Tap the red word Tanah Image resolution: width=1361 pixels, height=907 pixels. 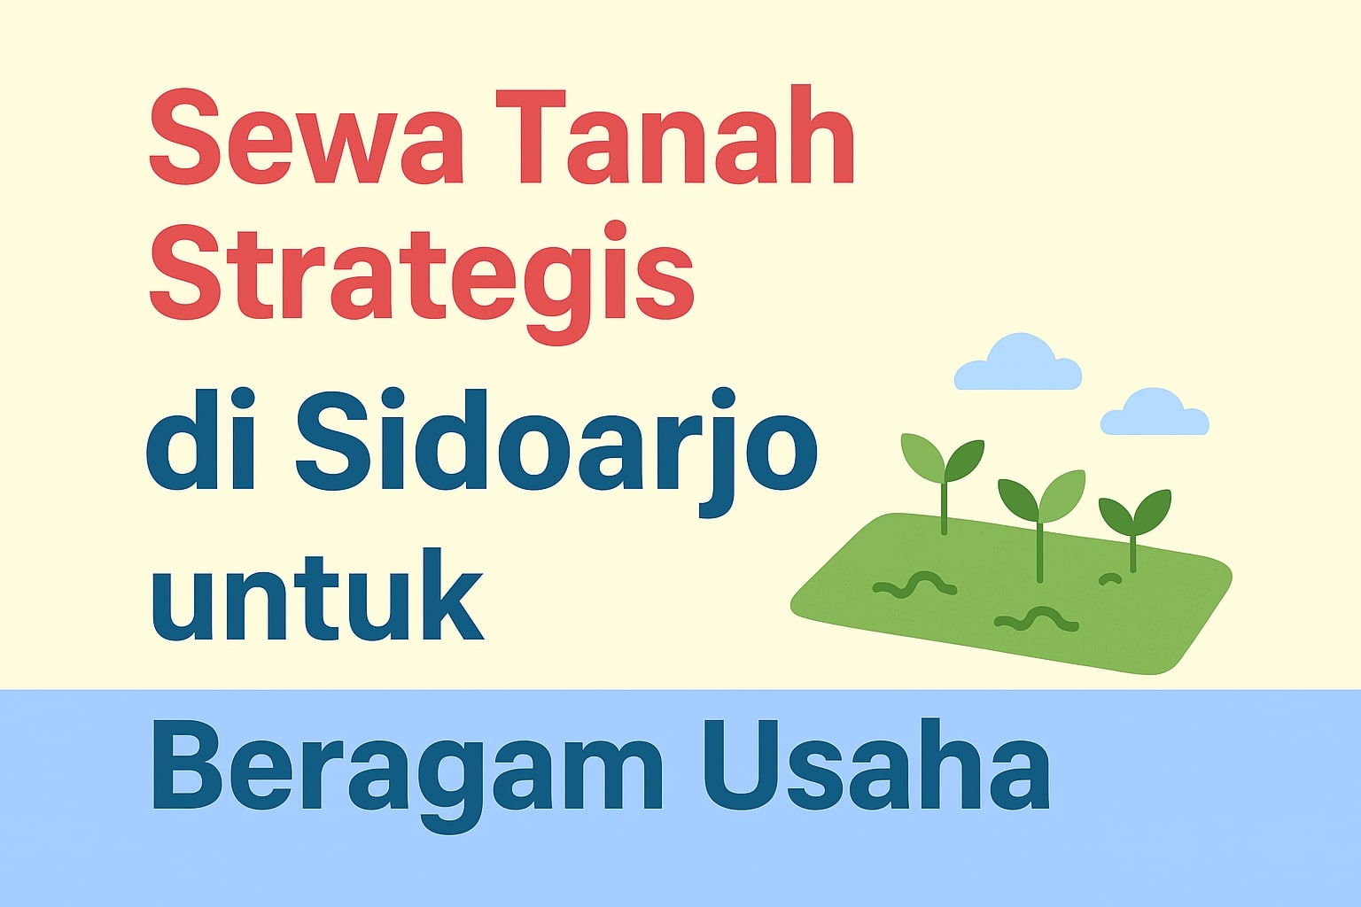point(673,142)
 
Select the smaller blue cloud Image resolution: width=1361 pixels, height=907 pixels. point(1154,414)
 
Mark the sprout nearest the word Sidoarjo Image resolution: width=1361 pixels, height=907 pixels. point(943,469)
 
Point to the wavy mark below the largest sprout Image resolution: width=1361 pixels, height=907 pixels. point(1036,618)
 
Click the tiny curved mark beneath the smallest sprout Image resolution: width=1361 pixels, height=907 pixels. point(1109,578)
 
